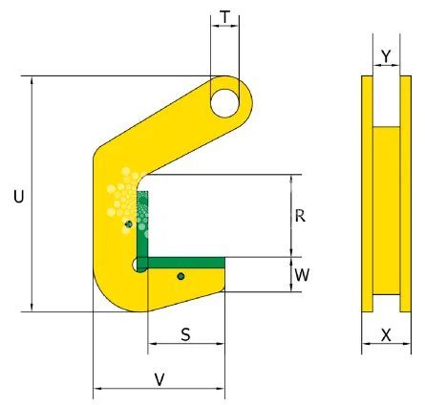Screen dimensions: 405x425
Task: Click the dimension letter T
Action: click(x=224, y=17)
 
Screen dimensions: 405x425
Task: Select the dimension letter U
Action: click(x=18, y=196)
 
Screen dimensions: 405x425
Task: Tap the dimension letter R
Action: click(x=300, y=216)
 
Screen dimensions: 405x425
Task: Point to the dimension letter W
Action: click(x=302, y=275)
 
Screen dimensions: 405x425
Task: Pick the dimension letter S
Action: click(x=185, y=334)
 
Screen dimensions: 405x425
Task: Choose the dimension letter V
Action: click(x=159, y=379)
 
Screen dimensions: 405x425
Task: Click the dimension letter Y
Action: click(x=385, y=57)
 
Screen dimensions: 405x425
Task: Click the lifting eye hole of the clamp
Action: click(x=226, y=98)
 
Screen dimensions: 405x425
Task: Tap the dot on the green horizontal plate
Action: click(x=180, y=277)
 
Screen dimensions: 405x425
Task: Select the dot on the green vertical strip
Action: click(x=127, y=225)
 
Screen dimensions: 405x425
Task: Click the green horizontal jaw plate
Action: click(x=186, y=261)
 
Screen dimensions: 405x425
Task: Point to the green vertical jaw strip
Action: click(x=143, y=224)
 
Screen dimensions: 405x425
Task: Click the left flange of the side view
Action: click(x=366, y=191)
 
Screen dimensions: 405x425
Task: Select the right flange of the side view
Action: click(x=405, y=191)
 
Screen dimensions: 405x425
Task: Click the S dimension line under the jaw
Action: click(x=185, y=347)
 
